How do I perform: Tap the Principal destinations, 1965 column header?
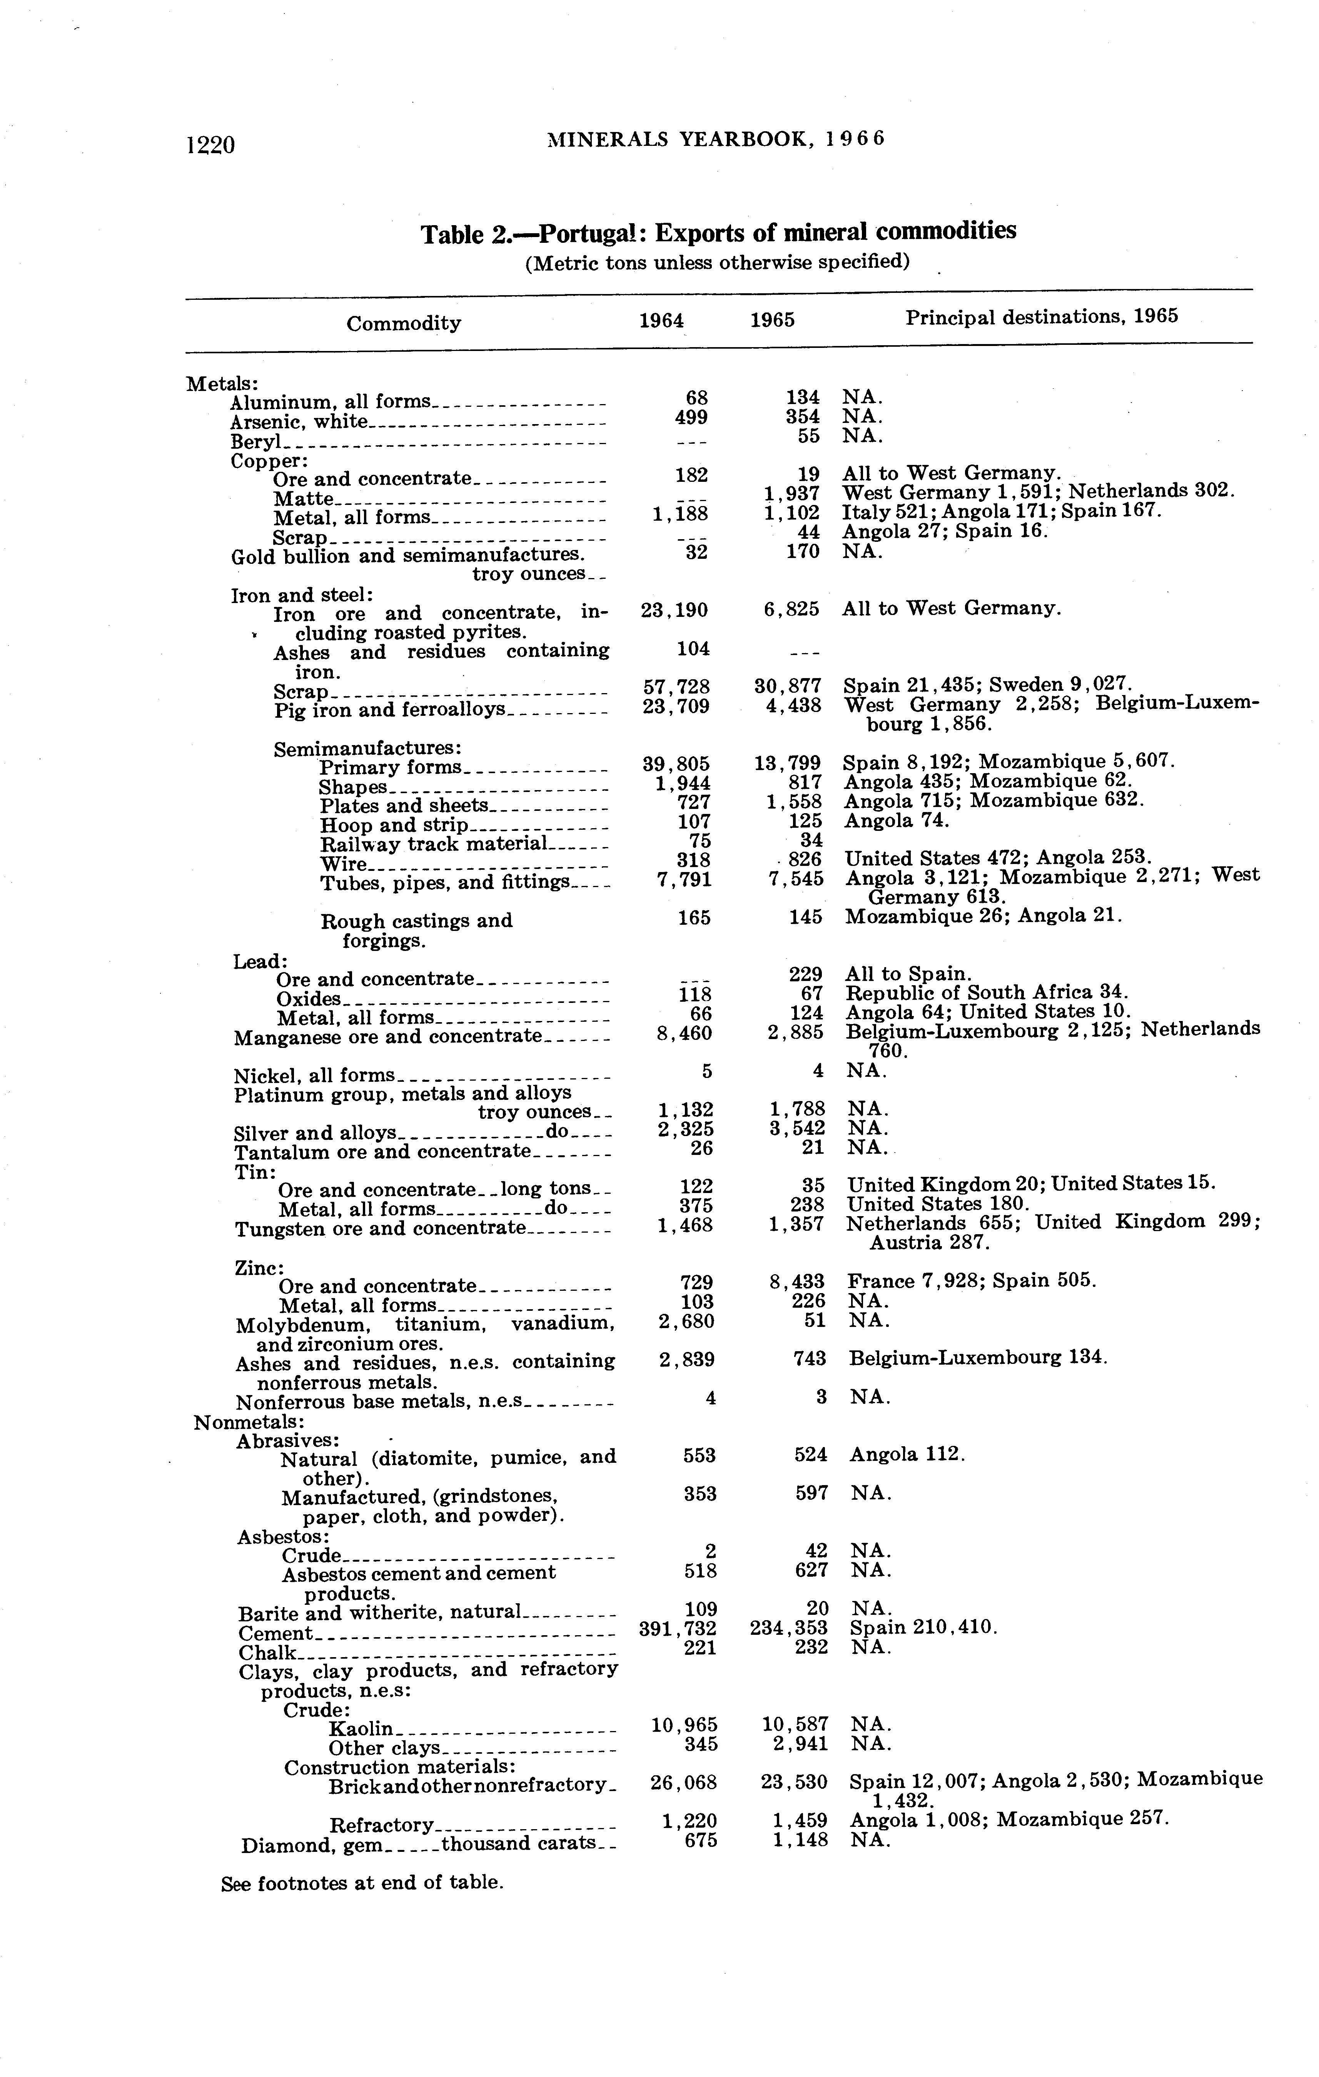[1041, 317]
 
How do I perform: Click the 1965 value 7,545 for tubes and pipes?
[795, 879]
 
